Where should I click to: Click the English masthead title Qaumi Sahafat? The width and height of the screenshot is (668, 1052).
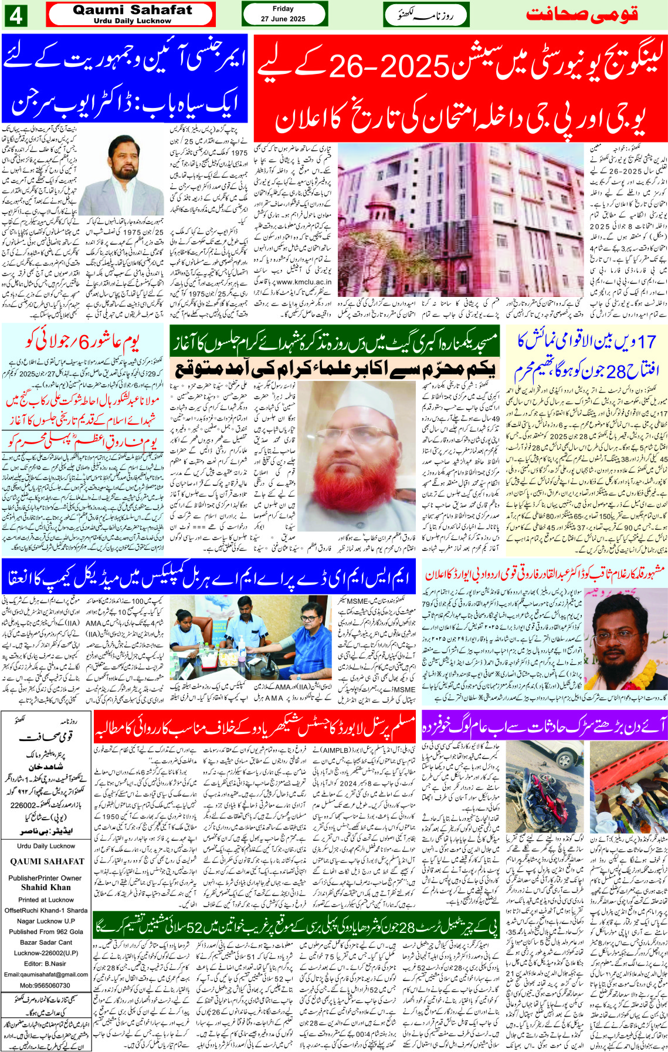point(132,11)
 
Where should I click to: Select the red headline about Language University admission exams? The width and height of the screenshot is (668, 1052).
point(460,87)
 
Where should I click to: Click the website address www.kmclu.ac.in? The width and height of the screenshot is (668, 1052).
point(303,282)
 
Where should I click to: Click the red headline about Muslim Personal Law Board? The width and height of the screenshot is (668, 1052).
point(254,728)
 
